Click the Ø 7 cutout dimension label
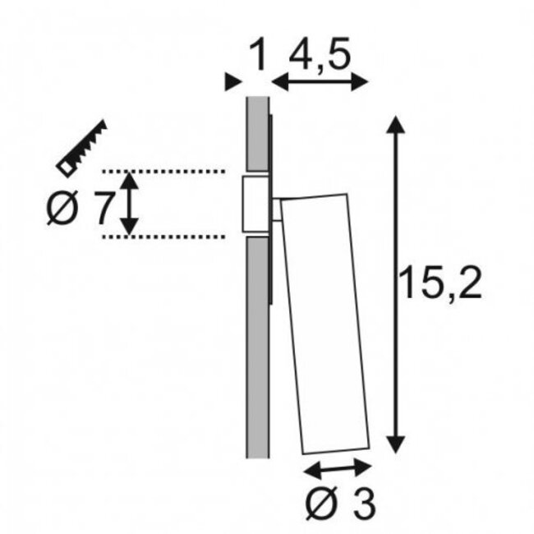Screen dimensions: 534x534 [x=78, y=210]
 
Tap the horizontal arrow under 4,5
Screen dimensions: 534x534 [x=320, y=81]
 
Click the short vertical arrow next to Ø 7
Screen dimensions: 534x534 [x=128, y=203]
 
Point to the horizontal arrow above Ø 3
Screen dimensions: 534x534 [x=338, y=468]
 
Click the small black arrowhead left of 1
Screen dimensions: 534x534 [x=232, y=81]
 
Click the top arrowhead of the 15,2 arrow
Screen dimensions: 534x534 [x=396, y=125]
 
